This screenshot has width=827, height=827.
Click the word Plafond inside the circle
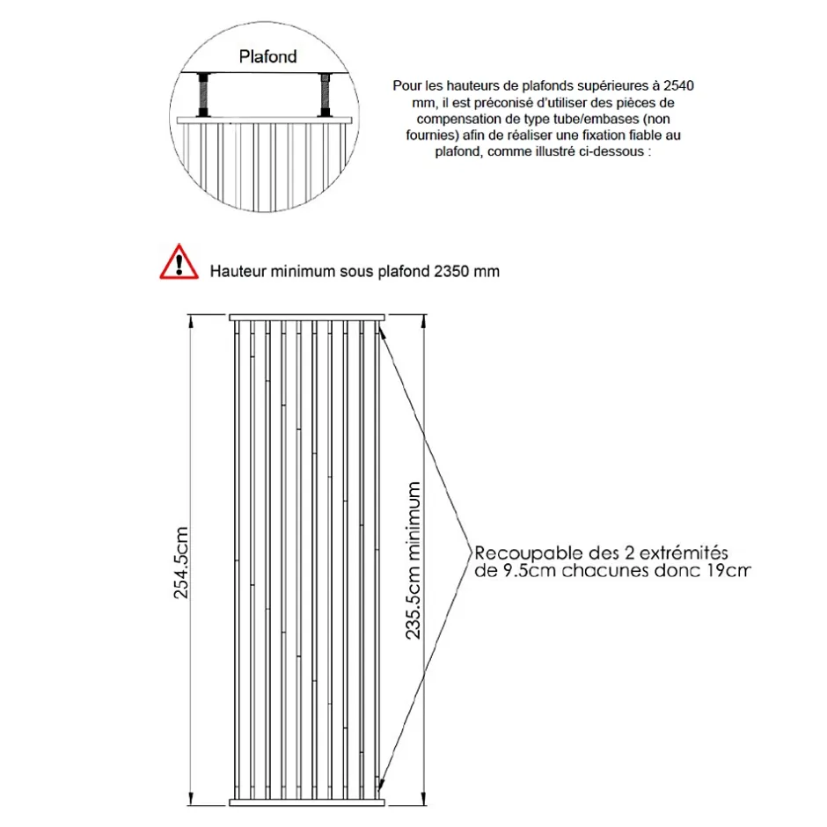[x=268, y=56]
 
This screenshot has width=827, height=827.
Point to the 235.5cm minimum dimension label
[x=416, y=560]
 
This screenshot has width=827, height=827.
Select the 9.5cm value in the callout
[x=521, y=571]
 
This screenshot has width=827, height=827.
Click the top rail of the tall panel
[x=307, y=317]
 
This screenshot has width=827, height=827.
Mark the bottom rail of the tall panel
[x=307, y=801]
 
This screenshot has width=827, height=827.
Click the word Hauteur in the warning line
[x=237, y=271]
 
